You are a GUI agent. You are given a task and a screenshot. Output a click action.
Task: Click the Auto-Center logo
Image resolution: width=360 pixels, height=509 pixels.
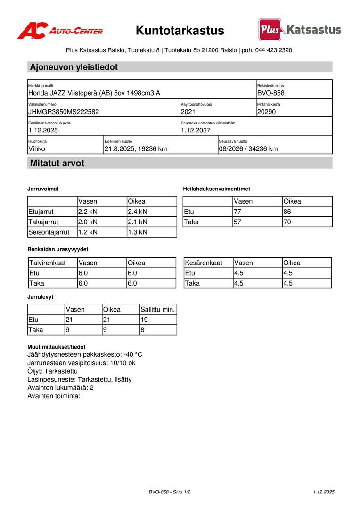click(60, 31)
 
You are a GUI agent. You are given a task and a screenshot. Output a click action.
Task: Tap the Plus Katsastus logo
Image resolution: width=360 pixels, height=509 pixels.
click(300, 30)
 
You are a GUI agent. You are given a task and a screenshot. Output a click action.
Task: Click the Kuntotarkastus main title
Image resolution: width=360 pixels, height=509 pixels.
click(180, 31)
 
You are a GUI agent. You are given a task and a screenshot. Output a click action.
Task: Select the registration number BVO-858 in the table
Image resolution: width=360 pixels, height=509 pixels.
click(271, 93)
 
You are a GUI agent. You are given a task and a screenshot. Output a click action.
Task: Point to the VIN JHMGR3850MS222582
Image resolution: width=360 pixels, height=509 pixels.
click(64, 112)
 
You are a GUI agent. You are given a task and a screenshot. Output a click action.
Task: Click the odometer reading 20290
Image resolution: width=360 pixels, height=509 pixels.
click(267, 112)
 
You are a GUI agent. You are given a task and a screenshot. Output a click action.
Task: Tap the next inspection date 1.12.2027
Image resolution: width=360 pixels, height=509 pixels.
click(196, 131)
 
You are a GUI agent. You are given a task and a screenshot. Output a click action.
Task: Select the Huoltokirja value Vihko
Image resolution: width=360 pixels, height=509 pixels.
click(37, 149)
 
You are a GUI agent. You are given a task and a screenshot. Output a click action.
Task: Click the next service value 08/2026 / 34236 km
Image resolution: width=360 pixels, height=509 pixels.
click(248, 149)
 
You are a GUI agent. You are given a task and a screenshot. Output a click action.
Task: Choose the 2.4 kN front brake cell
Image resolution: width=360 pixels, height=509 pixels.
click(138, 212)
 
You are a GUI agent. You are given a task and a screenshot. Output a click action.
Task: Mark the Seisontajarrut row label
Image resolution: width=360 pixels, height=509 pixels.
click(49, 232)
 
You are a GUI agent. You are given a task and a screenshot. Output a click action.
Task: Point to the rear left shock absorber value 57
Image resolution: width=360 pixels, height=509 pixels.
click(238, 222)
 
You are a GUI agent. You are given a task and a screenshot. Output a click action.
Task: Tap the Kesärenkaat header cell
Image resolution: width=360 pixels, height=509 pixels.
click(203, 263)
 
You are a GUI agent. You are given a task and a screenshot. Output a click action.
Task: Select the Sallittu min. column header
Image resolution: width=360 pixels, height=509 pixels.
click(158, 310)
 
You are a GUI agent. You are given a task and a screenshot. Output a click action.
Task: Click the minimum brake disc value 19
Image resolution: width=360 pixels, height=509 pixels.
click(144, 320)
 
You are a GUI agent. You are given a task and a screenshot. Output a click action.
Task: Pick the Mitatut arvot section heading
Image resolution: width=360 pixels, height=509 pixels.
click(57, 164)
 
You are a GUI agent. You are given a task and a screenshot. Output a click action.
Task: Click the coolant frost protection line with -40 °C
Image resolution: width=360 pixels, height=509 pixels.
click(85, 354)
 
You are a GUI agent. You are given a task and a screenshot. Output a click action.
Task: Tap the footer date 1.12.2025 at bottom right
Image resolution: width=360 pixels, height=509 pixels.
click(323, 492)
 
